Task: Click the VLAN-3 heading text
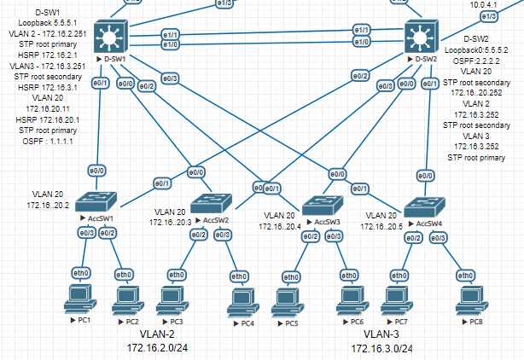381,335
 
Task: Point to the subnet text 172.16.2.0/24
158,348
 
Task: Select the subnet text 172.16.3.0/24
381,349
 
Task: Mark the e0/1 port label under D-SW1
100,83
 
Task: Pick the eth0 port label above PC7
398,275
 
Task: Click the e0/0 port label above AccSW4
422,176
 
